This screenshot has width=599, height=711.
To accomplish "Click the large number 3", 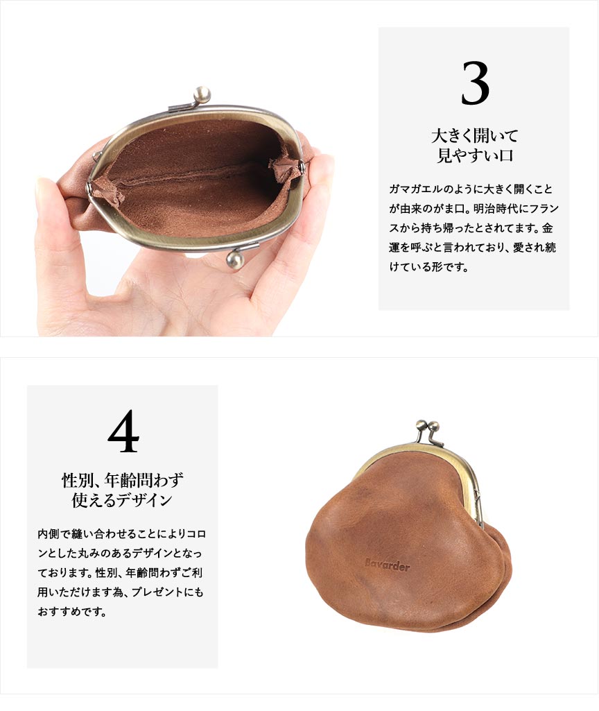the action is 475,83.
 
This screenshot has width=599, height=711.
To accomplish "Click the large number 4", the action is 123,431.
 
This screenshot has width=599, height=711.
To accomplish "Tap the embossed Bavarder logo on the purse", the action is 388,565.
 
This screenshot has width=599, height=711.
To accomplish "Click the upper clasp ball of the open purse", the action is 202,95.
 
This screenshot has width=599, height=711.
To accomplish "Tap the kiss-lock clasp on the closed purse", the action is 428,431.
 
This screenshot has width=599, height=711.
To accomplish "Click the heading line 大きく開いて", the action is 474,135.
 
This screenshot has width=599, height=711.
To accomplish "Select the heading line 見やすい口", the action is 474,155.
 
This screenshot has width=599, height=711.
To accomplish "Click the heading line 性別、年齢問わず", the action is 123,480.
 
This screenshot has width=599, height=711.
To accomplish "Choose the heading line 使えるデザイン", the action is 122,500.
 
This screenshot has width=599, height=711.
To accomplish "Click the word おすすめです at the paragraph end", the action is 72,612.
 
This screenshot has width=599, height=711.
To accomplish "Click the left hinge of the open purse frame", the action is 91,186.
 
